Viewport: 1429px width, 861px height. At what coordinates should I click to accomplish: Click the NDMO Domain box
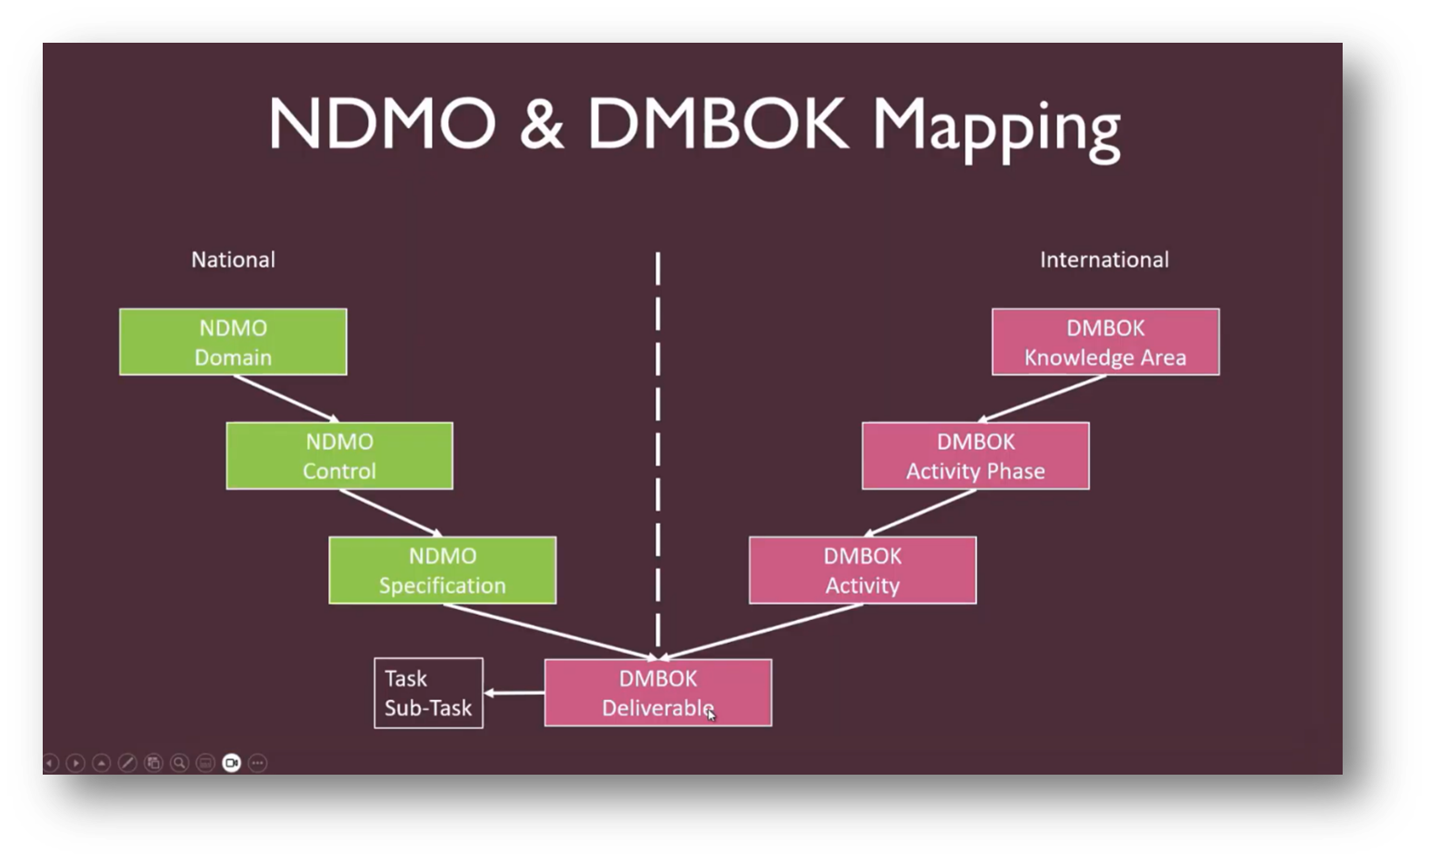click(x=233, y=342)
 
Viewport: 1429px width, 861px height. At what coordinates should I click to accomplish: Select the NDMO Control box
click(x=339, y=456)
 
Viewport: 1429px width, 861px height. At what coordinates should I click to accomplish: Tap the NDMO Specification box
click(x=442, y=570)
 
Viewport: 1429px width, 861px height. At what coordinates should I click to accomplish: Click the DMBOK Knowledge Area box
click(x=1104, y=342)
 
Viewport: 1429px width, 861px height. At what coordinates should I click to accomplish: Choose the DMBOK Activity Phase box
click(x=974, y=456)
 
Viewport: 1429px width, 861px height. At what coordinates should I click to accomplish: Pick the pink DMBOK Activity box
click(x=862, y=570)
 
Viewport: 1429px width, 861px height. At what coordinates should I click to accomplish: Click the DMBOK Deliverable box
click(x=657, y=693)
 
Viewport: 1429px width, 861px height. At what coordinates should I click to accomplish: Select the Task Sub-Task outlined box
click(x=428, y=693)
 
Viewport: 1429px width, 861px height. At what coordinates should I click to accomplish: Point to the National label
click(x=233, y=260)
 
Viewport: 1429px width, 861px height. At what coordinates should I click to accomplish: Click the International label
click(x=1104, y=260)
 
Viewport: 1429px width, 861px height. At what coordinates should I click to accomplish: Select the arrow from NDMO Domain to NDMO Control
click(x=285, y=398)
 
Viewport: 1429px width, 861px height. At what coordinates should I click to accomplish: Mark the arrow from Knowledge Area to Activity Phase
click(x=1041, y=398)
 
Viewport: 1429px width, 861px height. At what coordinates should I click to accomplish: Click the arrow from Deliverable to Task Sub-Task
click(x=514, y=693)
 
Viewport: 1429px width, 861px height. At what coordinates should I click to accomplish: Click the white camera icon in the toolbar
click(x=232, y=763)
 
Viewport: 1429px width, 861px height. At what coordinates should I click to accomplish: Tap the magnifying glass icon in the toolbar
click(x=180, y=763)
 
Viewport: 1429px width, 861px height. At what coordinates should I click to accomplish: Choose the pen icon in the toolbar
click(x=127, y=763)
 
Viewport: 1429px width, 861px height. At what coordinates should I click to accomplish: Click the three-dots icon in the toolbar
click(x=258, y=763)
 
